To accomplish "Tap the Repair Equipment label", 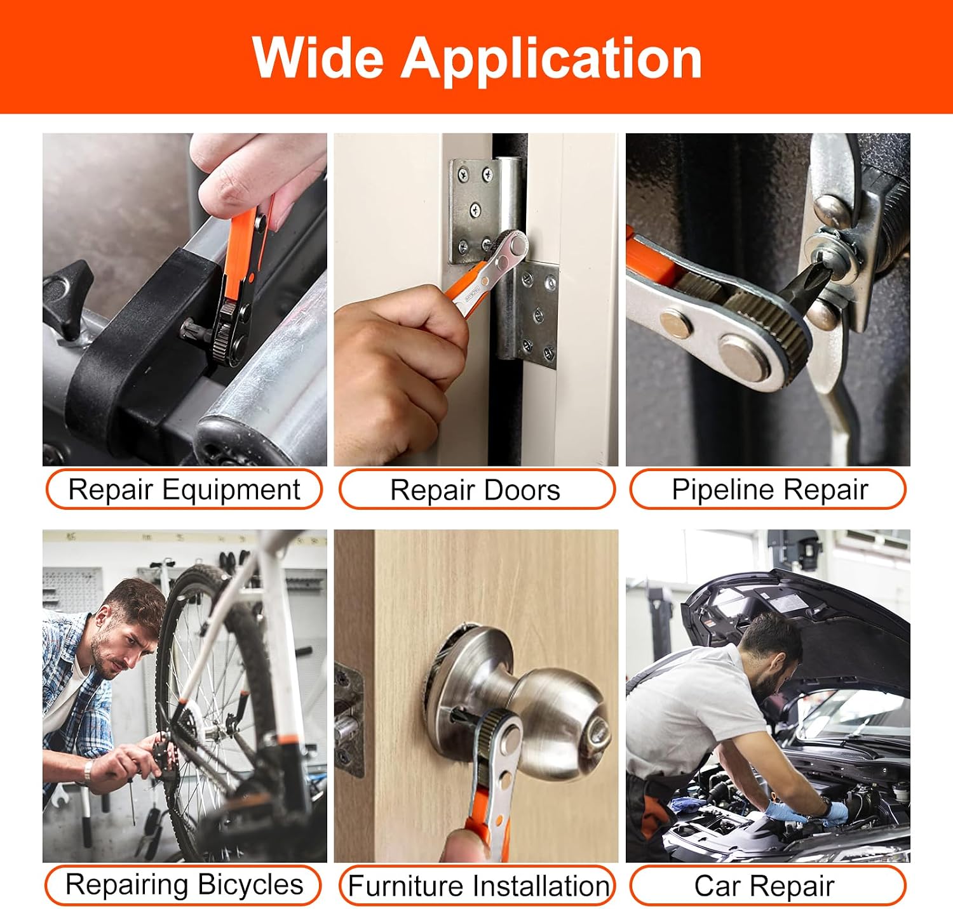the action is [x=184, y=489].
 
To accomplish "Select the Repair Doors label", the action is [x=476, y=489].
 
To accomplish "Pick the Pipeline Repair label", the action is [x=767, y=489].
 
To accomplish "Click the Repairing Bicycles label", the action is [x=184, y=885].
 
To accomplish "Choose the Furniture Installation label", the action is [x=478, y=886].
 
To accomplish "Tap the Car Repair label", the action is [x=767, y=886].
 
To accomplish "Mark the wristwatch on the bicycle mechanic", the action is [x=87, y=771].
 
